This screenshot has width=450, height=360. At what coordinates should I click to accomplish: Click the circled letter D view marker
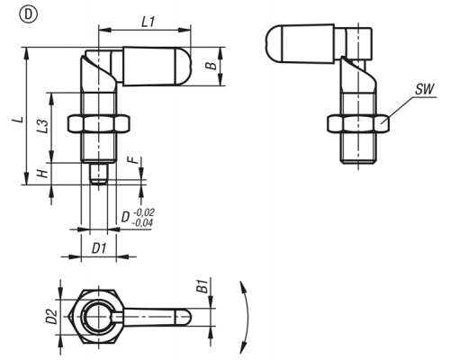point(29,15)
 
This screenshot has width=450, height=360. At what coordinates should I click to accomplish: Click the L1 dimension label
point(148,22)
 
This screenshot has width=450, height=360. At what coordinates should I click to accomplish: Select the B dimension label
point(212,66)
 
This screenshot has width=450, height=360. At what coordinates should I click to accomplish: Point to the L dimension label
point(18,119)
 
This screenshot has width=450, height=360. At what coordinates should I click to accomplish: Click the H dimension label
point(43,174)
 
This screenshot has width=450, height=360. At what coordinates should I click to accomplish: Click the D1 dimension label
point(99,248)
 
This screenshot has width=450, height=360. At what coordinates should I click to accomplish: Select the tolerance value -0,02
point(144,212)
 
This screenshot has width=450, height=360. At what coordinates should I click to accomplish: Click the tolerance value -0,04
point(142,222)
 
